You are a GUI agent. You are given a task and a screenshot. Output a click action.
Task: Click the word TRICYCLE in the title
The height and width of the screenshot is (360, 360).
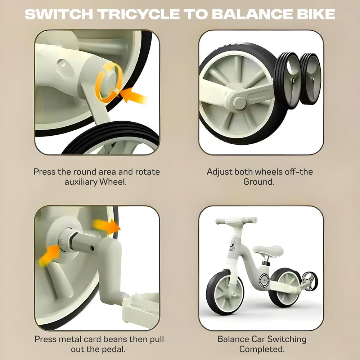pos(139,14)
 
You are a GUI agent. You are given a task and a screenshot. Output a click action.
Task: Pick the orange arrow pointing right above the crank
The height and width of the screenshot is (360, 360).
pos(107,226)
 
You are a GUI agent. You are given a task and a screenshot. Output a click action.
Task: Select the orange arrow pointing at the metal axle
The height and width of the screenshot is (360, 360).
pos(49,255)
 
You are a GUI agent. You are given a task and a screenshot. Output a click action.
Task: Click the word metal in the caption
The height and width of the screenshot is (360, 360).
pos(70,339)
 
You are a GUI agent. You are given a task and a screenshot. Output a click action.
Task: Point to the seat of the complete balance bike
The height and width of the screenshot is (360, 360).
pos(268,250)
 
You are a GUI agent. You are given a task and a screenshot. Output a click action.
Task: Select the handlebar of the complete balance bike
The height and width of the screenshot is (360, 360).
pos(237,221)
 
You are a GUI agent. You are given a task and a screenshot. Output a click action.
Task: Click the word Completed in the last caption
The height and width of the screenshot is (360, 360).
pos(262,349)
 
